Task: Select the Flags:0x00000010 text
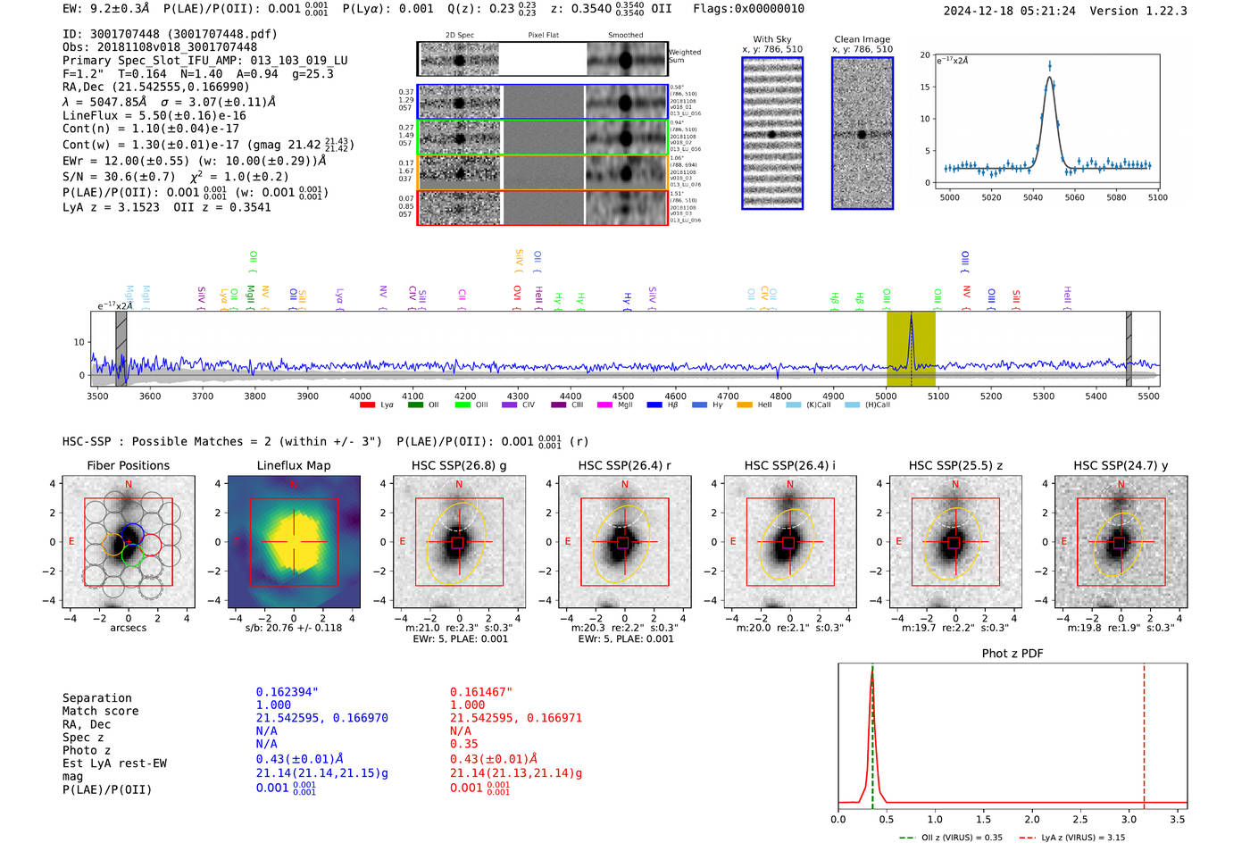748,8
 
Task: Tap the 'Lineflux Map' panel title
294,465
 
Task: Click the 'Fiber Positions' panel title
128,465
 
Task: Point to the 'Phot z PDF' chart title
1012,653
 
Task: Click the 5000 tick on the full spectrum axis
886,396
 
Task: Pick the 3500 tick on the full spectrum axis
97,396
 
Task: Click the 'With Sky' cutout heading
772,39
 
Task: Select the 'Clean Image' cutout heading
862,39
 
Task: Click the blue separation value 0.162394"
287,692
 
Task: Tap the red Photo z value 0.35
464,744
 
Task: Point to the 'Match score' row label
101,711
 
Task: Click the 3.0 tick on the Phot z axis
1129,819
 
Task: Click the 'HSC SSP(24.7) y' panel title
1121,465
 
